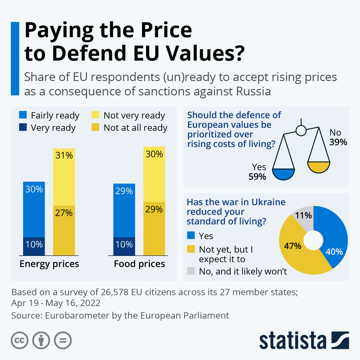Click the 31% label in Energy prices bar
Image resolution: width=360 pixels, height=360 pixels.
click(x=64, y=155)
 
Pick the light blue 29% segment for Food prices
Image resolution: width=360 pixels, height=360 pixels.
click(x=124, y=210)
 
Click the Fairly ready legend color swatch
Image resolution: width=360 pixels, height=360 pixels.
click(x=23, y=115)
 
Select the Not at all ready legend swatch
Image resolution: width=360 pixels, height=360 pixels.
click(x=95, y=127)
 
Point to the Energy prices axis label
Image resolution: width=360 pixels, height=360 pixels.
click(x=49, y=264)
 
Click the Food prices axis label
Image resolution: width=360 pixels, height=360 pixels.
click(x=139, y=264)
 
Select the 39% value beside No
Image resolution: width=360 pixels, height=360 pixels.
click(x=338, y=142)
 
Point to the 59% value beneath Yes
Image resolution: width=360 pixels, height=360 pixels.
click(x=257, y=177)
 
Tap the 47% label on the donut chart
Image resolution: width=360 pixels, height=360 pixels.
click(x=292, y=246)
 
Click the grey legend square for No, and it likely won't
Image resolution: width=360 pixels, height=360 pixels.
click(x=191, y=271)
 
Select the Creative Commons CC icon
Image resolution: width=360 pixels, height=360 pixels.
click(x=19, y=340)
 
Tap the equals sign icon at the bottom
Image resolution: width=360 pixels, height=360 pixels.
click(x=63, y=340)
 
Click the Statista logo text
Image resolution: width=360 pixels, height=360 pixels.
click(x=292, y=340)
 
